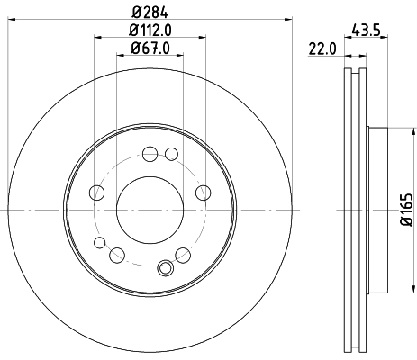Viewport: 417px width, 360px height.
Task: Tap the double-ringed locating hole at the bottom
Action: point(164,266)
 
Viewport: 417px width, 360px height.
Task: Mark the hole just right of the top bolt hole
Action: point(171,154)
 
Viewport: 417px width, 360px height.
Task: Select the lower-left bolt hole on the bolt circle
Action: point(117,255)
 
